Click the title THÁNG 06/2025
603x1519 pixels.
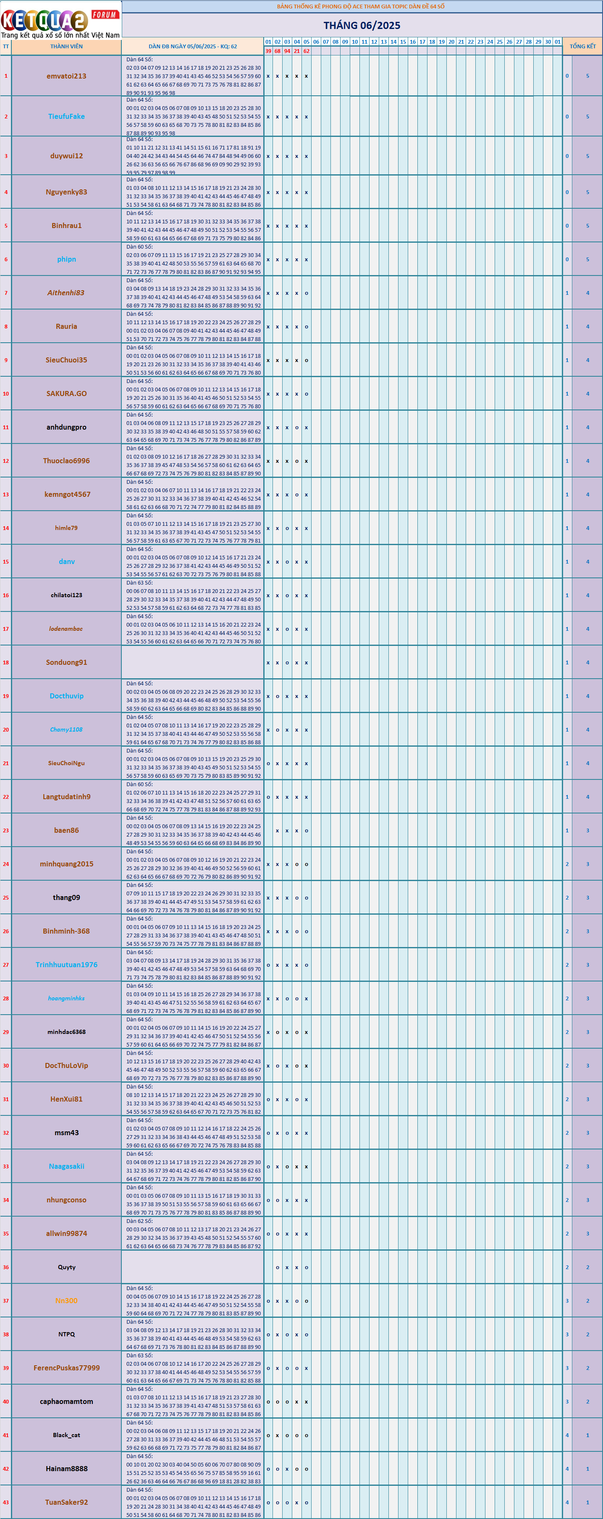pos(361,25)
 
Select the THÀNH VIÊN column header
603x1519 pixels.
pos(67,47)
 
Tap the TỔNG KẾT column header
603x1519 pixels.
pos(582,47)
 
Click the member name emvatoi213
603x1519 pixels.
pos(67,76)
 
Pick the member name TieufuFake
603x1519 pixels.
pos(67,117)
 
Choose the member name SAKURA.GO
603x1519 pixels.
pos(67,394)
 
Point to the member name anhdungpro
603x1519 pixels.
pos(67,428)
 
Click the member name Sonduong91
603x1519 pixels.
pos(67,663)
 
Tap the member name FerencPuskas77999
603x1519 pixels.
pos(67,1368)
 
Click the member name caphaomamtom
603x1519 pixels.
pos(67,1402)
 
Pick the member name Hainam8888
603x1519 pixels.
pos(67,1469)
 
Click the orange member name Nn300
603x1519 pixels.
pos(67,1301)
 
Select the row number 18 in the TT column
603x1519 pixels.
pos(6,663)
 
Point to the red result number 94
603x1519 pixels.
pos(287,51)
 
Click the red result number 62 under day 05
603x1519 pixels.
pos(307,51)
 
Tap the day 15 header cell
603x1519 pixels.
pos(403,42)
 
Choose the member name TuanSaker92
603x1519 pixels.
pos(67,1503)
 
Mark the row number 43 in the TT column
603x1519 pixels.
pos(6,1503)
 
